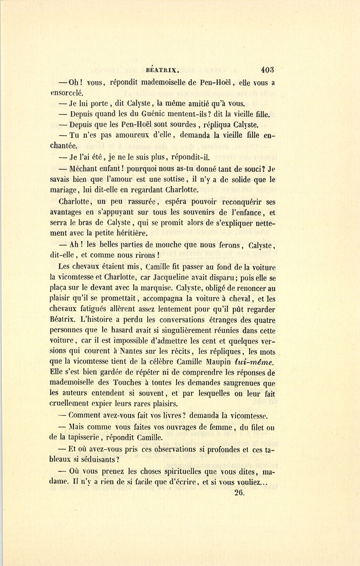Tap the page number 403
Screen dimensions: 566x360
pyautogui.click(x=268, y=69)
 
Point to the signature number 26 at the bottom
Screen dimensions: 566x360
pyautogui.click(x=240, y=493)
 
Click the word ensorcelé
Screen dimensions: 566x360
pyautogui.click(x=67, y=93)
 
